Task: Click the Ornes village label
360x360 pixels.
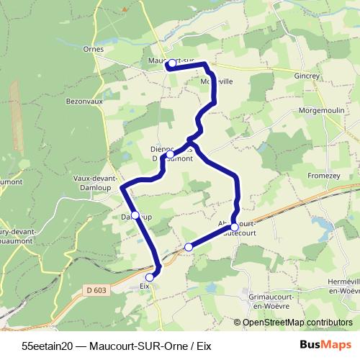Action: (94, 49)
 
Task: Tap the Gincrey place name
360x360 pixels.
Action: (311, 74)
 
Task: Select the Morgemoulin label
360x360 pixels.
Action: (325, 112)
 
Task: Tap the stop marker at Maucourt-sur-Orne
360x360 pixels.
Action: (171, 64)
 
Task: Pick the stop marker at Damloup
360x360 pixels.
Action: (135, 215)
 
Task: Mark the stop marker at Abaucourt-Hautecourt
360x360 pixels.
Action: (235, 227)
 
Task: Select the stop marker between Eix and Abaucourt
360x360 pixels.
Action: (189, 247)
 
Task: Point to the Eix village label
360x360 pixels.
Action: (144, 285)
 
